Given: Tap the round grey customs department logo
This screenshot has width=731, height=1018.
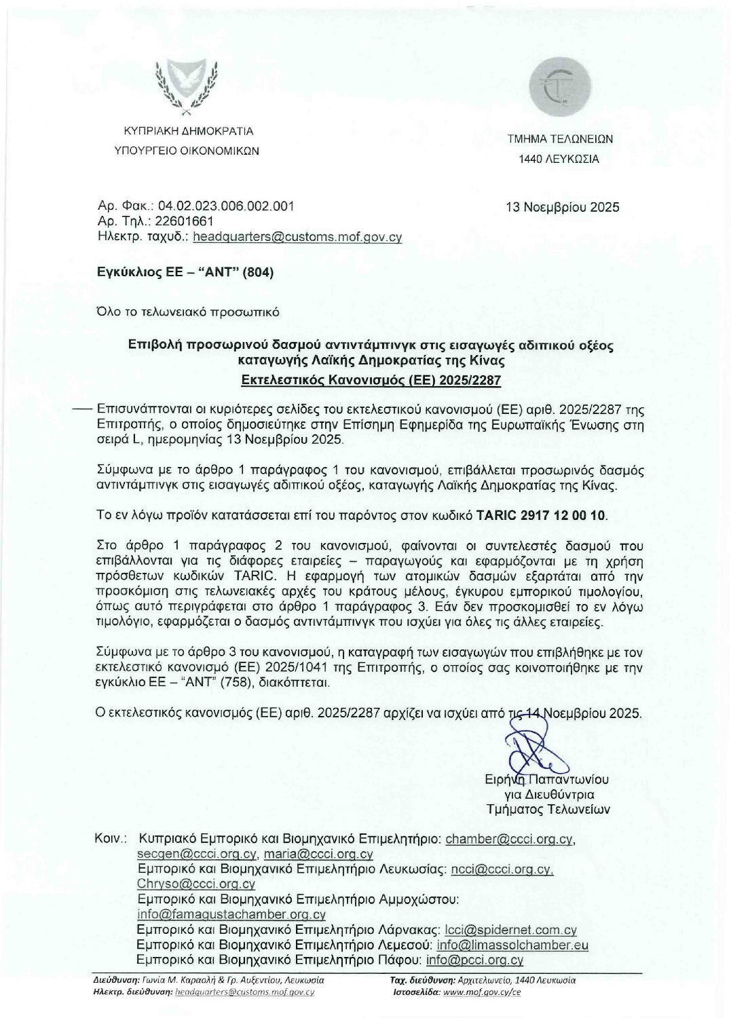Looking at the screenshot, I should (560, 87).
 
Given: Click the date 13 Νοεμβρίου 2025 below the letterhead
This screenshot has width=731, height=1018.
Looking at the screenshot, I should (563, 207).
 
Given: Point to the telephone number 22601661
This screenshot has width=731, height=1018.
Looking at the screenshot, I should (185, 221).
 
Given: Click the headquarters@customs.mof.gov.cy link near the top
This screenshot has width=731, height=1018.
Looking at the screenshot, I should (297, 237).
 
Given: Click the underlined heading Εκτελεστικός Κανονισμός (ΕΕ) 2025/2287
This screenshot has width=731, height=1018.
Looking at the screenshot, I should (371, 379).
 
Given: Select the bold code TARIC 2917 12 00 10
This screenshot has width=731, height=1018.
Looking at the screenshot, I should (552, 515).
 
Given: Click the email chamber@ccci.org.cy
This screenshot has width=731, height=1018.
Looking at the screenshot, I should (509, 839).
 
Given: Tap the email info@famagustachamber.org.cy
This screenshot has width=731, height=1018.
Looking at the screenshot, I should (231, 914).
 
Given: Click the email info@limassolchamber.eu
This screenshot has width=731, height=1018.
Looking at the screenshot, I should (512, 945).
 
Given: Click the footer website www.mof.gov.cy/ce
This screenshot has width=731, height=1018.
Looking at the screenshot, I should (482, 992).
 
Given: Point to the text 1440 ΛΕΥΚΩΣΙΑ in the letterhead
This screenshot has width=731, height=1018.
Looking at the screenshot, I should (559, 160).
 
